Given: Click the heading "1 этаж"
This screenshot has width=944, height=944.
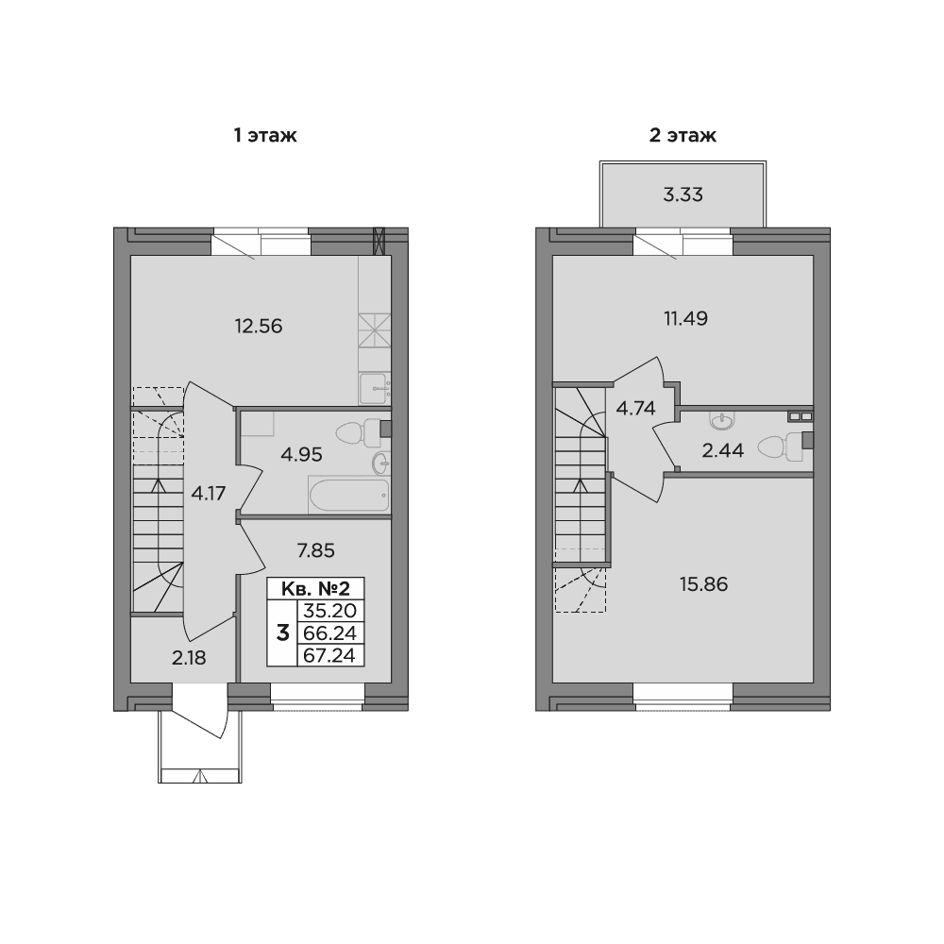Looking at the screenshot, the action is click(265, 135).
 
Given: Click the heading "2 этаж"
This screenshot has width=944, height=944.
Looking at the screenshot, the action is click(683, 135).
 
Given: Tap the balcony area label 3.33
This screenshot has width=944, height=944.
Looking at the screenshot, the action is click(683, 195).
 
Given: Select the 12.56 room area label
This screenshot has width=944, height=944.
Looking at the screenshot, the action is click(259, 326).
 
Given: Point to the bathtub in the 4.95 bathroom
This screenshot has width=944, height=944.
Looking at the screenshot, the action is click(349, 495).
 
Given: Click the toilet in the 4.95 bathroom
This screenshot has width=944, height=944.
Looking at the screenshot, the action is click(358, 433).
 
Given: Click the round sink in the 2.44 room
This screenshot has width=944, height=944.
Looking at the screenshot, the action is click(721, 420).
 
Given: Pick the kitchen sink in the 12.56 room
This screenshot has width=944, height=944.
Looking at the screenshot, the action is click(375, 388).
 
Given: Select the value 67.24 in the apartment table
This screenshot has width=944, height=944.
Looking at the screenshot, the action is click(329, 655).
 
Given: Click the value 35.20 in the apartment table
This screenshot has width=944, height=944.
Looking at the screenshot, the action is click(329, 611).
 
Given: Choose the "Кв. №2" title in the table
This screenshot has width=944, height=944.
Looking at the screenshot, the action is click(315, 588).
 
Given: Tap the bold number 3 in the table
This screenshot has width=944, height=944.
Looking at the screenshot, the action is click(282, 632).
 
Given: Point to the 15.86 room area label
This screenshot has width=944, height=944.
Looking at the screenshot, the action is click(704, 584).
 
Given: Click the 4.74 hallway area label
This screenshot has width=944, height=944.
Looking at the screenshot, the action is click(635, 408).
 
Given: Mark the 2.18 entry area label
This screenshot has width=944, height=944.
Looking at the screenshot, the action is click(189, 658).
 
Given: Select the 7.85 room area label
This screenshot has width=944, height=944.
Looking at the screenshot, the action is click(315, 550).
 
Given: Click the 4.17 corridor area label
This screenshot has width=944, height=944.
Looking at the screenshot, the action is click(209, 494).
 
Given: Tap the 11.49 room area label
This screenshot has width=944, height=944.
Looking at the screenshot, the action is click(685, 318).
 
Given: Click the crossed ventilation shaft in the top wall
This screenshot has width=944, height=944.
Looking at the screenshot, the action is click(379, 240).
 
